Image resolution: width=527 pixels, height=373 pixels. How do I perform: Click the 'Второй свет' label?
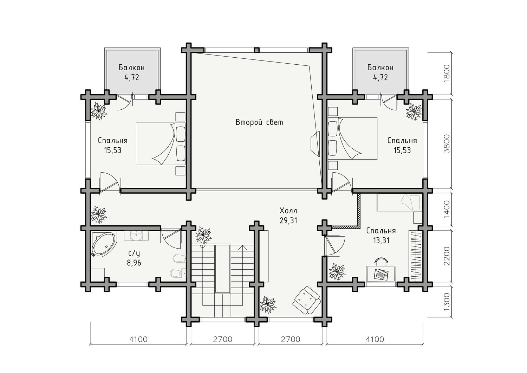click(x=259, y=122)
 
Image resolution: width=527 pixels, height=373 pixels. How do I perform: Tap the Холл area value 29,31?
click(x=288, y=220)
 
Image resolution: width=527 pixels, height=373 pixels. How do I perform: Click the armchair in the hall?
click(x=306, y=300)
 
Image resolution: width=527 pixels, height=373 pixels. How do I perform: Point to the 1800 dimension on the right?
click(x=446, y=73)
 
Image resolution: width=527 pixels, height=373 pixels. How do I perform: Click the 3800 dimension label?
click(x=446, y=144)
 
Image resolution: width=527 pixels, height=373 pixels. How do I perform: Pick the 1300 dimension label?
click(x=446, y=302)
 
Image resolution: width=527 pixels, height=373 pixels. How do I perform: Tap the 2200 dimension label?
click(x=446, y=256)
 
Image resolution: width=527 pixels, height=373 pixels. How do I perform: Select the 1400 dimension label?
click(x=446, y=209)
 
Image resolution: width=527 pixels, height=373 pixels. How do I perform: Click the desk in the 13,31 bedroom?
click(x=380, y=274)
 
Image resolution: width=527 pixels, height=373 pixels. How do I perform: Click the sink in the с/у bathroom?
click(x=136, y=236)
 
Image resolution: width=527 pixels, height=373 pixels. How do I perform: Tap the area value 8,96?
click(x=134, y=263)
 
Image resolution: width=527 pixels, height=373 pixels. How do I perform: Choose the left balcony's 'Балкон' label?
click(x=131, y=68)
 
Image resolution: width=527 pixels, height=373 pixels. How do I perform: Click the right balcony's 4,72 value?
click(x=380, y=77)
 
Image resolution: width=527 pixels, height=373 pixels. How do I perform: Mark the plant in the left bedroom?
click(x=99, y=111)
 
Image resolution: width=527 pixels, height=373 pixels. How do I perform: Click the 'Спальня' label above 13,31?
click(x=381, y=231)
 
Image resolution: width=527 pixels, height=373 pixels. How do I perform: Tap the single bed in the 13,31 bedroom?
click(x=399, y=202)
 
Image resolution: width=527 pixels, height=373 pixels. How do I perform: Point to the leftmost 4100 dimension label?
click(x=138, y=339)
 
